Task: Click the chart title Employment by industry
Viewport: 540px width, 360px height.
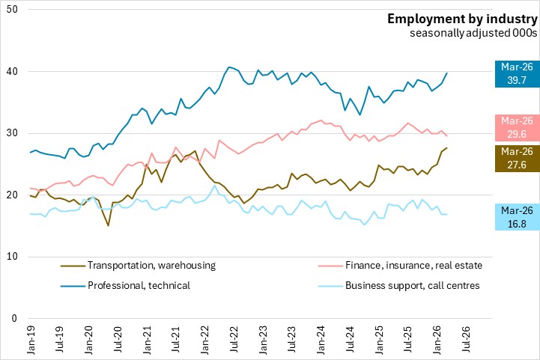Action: pyautogui.click(x=462, y=19)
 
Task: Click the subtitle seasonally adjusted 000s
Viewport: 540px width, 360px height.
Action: pyautogui.click(x=473, y=33)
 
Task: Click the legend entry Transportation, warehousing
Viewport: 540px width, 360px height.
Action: pyautogui.click(x=139, y=265)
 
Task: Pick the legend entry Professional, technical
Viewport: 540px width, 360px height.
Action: pyautogui.click(x=128, y=285)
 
